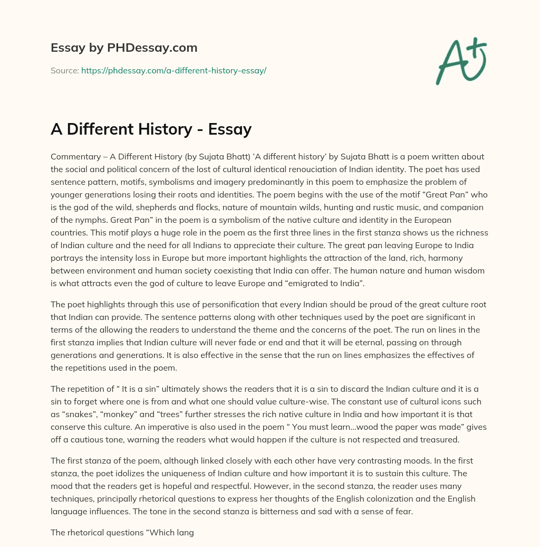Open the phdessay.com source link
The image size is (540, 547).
coord(173,70)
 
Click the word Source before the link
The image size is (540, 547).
coord(64,70)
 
